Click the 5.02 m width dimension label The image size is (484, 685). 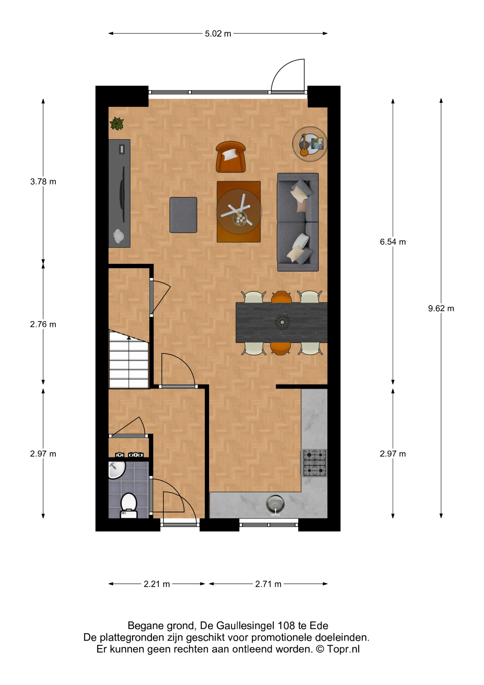(218, 34)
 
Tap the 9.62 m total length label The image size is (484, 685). (441, 309)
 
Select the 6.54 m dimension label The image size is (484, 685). (393, 242)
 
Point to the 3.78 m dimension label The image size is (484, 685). (43, 182)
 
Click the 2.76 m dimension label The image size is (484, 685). (43, 324)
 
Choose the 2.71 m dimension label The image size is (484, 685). (268, 584)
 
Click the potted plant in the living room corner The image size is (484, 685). (117, 124)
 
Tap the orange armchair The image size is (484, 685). (231, 157)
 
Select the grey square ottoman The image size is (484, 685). (183, 215)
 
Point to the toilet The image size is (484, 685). (129, 505)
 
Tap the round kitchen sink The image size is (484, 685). (275, 504)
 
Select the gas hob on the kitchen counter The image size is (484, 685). (315, 463)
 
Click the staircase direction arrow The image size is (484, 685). (129, 338)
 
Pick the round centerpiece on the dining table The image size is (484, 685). (282, 322)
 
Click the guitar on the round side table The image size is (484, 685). (304, 145)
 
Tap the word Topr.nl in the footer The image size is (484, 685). (343, 649)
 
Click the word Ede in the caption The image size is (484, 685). (319, 625)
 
